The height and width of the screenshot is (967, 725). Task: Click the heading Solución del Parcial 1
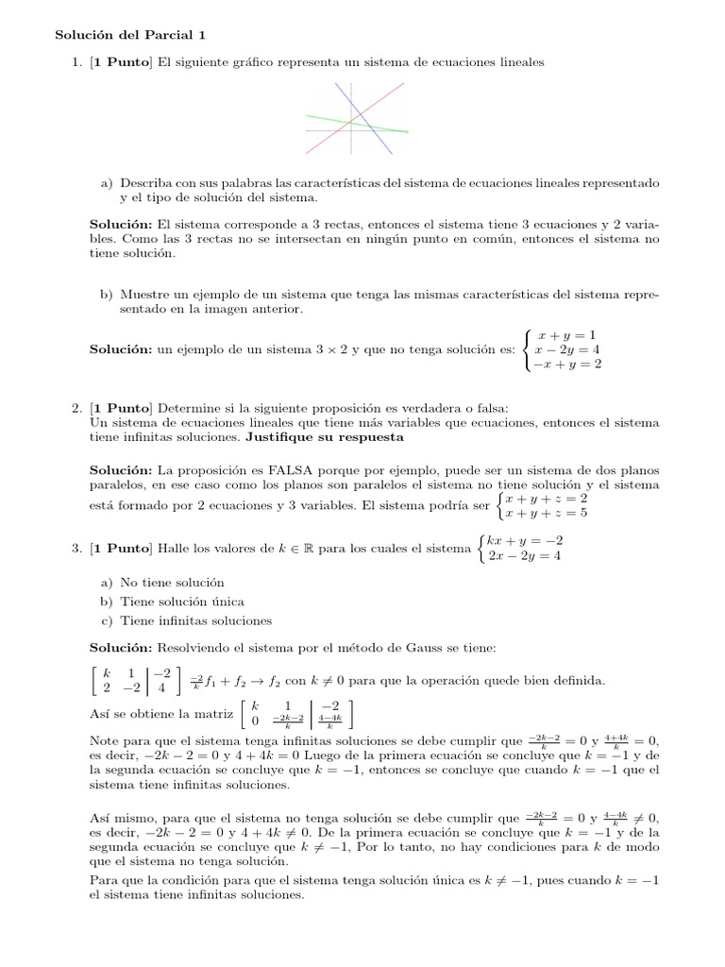129,35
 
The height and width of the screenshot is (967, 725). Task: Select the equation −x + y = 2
566,364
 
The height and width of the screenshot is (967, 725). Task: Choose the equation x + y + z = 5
547,513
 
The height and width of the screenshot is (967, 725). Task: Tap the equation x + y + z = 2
547,498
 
